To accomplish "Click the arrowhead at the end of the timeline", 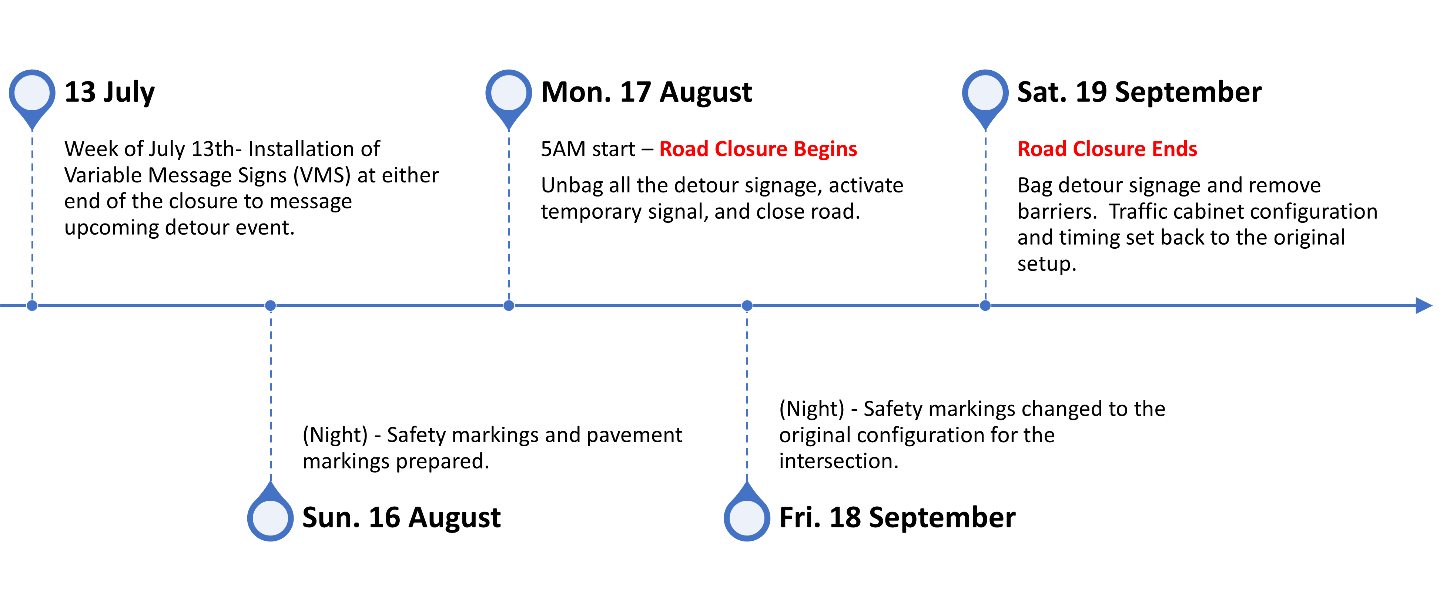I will [1424, 306].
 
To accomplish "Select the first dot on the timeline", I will [32, 306].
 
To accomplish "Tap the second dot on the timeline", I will [270, 306].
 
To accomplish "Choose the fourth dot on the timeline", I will [747, 306].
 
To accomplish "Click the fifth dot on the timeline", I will [985, 306].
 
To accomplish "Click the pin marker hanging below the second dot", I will [270, 517].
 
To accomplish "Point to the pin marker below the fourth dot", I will [747, 517].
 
